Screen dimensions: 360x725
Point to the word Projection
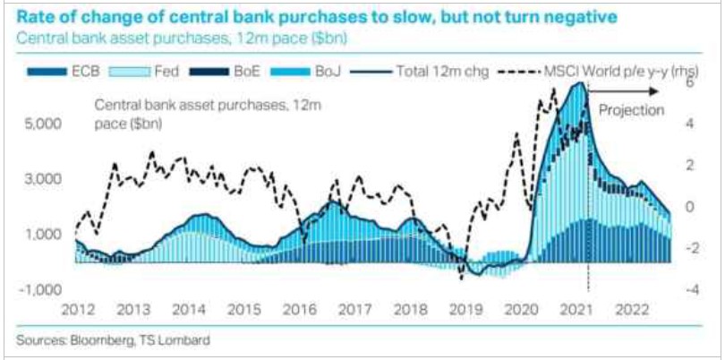pyautogui.click(x=631, y=110)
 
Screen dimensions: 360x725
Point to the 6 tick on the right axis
pyautogui.click(x=691, y=81)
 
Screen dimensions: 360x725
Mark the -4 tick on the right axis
pyautogui.click(x=690, y=290)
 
